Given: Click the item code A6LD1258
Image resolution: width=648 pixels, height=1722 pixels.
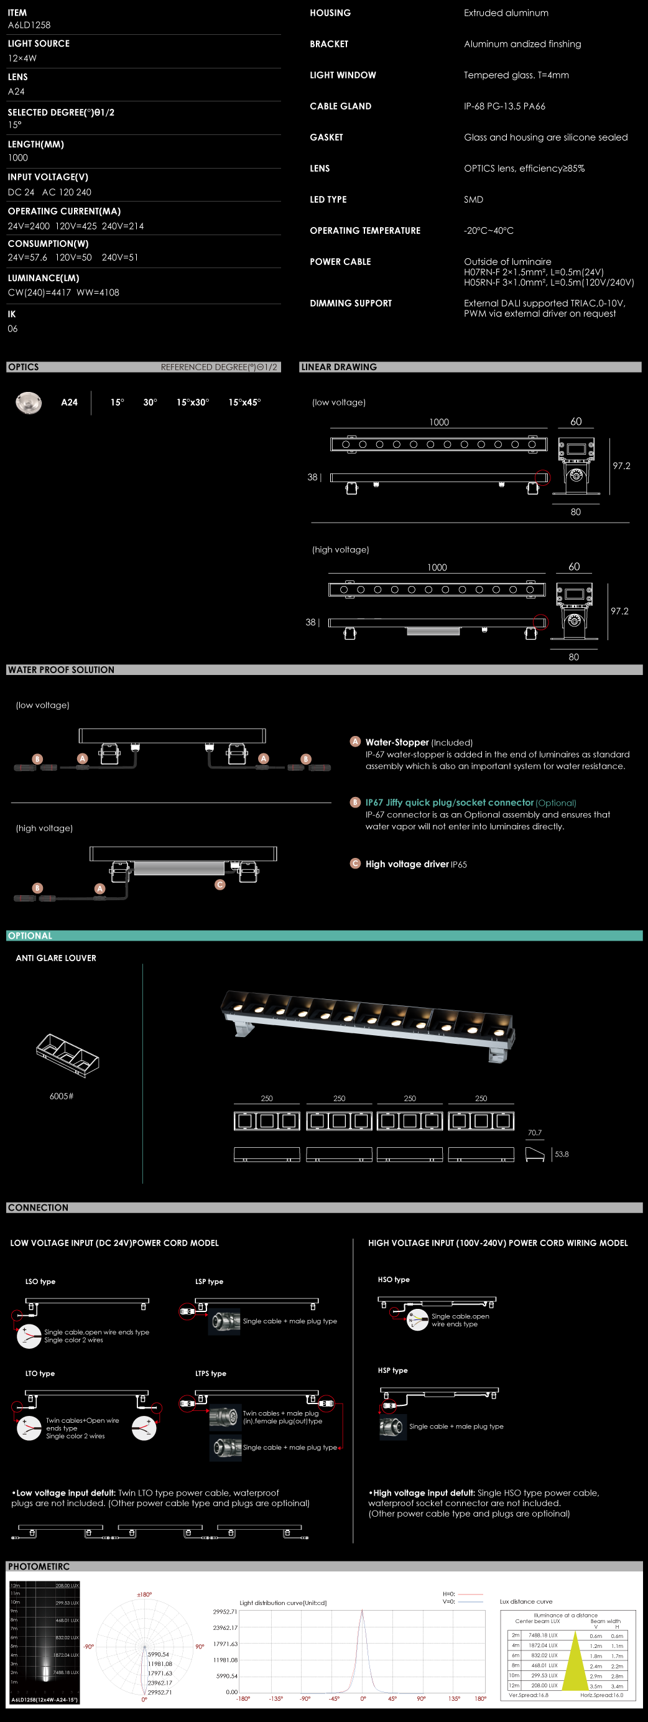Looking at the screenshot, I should [29, 26].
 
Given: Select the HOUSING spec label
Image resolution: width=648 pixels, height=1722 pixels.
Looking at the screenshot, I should [330, 12].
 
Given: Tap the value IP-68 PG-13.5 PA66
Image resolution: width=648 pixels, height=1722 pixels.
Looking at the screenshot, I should [504, 106].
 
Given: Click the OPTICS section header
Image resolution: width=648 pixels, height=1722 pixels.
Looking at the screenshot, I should [24, 367].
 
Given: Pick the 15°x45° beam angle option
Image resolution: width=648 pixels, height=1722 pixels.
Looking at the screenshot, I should [244, 403].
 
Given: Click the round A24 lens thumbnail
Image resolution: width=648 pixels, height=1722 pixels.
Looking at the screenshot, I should [29, 403].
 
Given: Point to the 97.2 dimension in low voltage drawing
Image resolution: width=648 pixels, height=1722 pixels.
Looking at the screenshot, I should [621, 466].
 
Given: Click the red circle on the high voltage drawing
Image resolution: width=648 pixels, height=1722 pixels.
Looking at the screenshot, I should [540, 621].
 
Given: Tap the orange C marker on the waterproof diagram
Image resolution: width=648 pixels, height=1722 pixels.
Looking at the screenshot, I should [220, 885].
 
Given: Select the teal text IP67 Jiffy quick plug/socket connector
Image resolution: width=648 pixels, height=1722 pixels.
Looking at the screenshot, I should [449, 802].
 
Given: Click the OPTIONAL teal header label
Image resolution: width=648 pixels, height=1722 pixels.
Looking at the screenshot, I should [30, 936].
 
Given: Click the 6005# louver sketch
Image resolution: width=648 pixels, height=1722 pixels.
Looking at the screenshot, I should [67, 1056].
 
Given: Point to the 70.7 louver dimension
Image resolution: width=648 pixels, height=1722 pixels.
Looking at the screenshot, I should [534, 1132].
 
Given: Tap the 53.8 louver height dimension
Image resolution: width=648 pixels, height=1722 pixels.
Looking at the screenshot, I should [562, 1154].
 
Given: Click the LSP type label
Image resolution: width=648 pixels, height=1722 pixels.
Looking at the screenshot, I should [209, 1282].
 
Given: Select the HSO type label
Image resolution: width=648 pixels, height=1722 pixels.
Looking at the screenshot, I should [394, 1280].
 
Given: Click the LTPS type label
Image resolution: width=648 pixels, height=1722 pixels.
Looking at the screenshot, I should [210, 1374].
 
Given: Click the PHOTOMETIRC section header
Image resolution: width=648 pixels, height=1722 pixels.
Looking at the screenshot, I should [39, 1566].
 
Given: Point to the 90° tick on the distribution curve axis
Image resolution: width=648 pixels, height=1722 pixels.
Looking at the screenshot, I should [421, 1698].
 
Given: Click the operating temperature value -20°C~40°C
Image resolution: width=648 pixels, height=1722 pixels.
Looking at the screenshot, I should [488, 231].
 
